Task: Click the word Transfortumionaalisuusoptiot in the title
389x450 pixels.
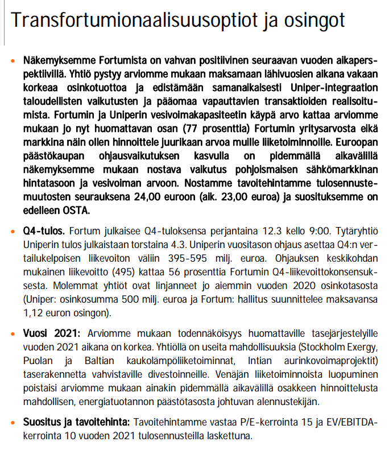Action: [x=126, y=21]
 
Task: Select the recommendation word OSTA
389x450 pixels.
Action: [x=79, y=210]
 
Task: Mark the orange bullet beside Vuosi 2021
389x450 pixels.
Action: [x=13, y=335]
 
